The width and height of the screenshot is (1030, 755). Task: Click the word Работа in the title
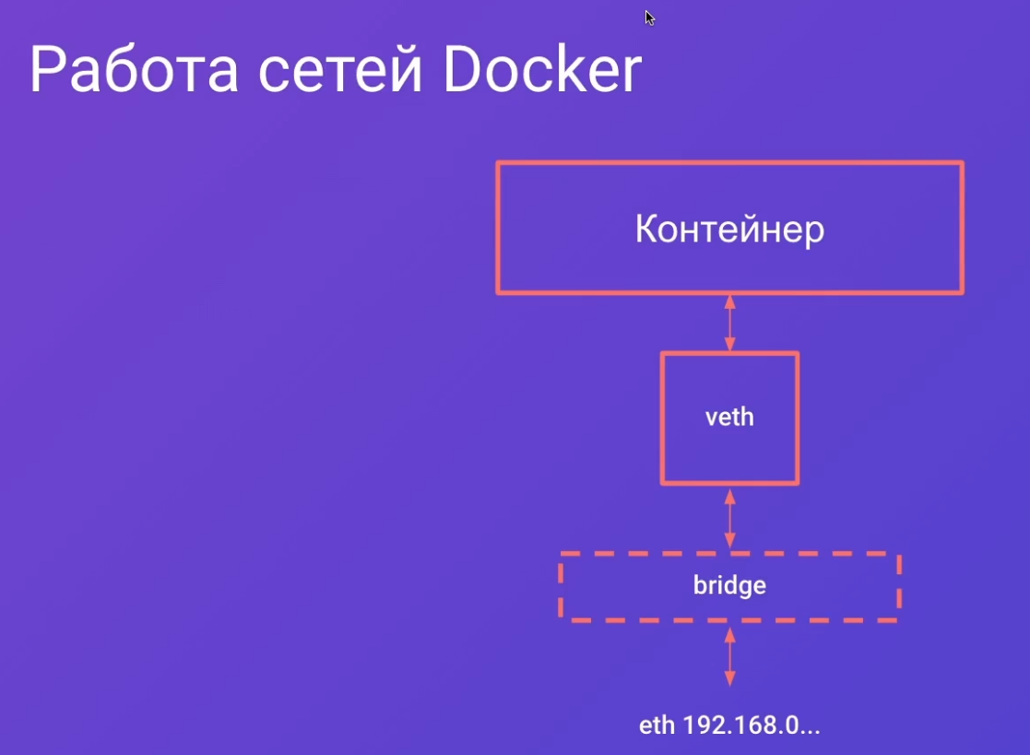pos(134,69)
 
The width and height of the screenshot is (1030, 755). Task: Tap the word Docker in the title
pos(542,68)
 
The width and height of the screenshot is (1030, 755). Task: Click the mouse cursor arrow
pos(650,18)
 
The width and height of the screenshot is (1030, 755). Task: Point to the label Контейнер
pos(729,230)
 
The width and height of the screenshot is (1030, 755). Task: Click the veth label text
pos(729,417)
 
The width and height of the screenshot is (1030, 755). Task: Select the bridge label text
pos(729,585)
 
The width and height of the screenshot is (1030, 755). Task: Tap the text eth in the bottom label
pos(657,726)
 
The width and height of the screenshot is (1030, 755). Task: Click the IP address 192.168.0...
pos(752,726)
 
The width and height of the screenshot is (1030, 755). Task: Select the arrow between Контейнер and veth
pos(729,323)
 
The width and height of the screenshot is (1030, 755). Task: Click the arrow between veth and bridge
pos(729,519)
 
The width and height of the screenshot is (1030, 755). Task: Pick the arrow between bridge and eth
pos(729,656)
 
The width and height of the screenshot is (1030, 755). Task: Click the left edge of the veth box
pos(663,419)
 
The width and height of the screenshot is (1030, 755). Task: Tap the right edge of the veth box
pos(798,419)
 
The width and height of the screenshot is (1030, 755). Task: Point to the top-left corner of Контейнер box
pos(499,163)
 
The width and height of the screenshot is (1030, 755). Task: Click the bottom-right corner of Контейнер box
pos(963,292)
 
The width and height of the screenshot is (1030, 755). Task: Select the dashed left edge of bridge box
pos(561,586)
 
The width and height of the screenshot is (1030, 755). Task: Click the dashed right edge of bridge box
pos(899,586)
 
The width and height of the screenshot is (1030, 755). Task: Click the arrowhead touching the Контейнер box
pos(729,302)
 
